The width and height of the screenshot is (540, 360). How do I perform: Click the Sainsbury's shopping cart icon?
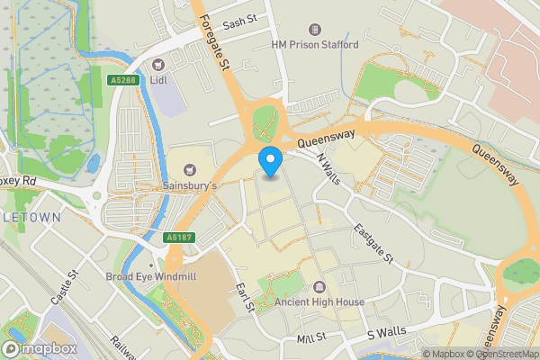click(x=189, y=169)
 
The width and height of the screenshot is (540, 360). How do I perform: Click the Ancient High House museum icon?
click(x=319, y=287)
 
